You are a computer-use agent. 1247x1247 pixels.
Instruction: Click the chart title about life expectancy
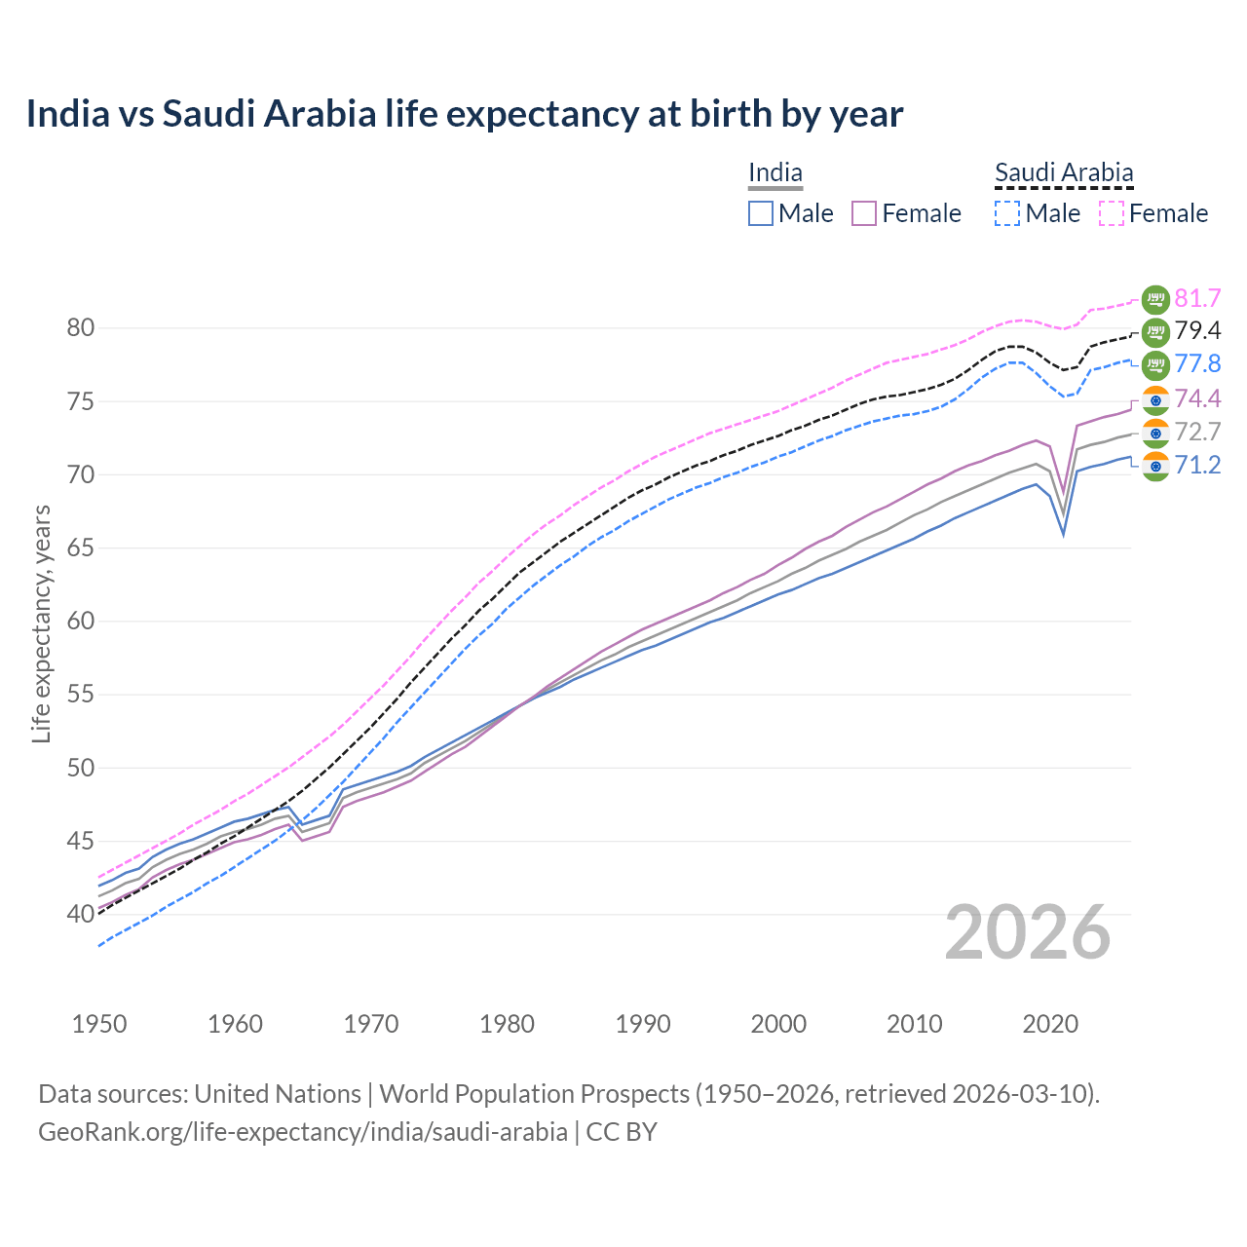click(x=465, y=114)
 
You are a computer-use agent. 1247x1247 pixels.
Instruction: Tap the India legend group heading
click(x=775, y=173)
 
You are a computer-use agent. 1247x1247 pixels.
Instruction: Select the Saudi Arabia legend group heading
click(x=1064, y=173)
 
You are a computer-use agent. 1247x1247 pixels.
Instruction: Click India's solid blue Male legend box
click(x=761, y=213)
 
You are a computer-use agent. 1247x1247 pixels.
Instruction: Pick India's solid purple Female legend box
click(x=864, y=213)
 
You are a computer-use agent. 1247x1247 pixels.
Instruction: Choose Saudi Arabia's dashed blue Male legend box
click(x=1007, y=213)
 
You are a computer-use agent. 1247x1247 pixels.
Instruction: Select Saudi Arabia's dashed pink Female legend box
click(x=1111, y=213)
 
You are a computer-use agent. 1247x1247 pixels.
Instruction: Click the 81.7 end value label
click(x=1197, y=298)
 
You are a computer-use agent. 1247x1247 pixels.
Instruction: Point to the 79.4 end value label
click(x=1197, y=331)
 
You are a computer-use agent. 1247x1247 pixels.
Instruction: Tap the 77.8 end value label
click(x=1197, y=364)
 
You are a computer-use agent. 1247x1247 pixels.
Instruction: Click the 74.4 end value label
click(x=1197, y=398)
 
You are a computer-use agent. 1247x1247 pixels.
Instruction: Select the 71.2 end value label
click(x=1197, y=466)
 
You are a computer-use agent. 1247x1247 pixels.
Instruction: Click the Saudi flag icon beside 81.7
click(x=1155, y=299)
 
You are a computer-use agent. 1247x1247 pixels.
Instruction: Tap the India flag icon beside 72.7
click(x=1155, y=433)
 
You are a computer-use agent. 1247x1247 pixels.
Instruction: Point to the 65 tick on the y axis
click(x=81, y=548)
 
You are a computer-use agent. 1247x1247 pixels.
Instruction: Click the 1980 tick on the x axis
click(x=507, y=1024)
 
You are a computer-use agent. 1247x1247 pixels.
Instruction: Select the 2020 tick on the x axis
click(x=1050, y=1024)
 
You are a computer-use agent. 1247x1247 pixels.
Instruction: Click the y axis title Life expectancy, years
click(x=42, y=623)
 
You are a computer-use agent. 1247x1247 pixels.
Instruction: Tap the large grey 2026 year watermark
click(x=1027, y=932)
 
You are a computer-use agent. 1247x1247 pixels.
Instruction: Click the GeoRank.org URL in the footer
click(x=303, y=1132)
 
